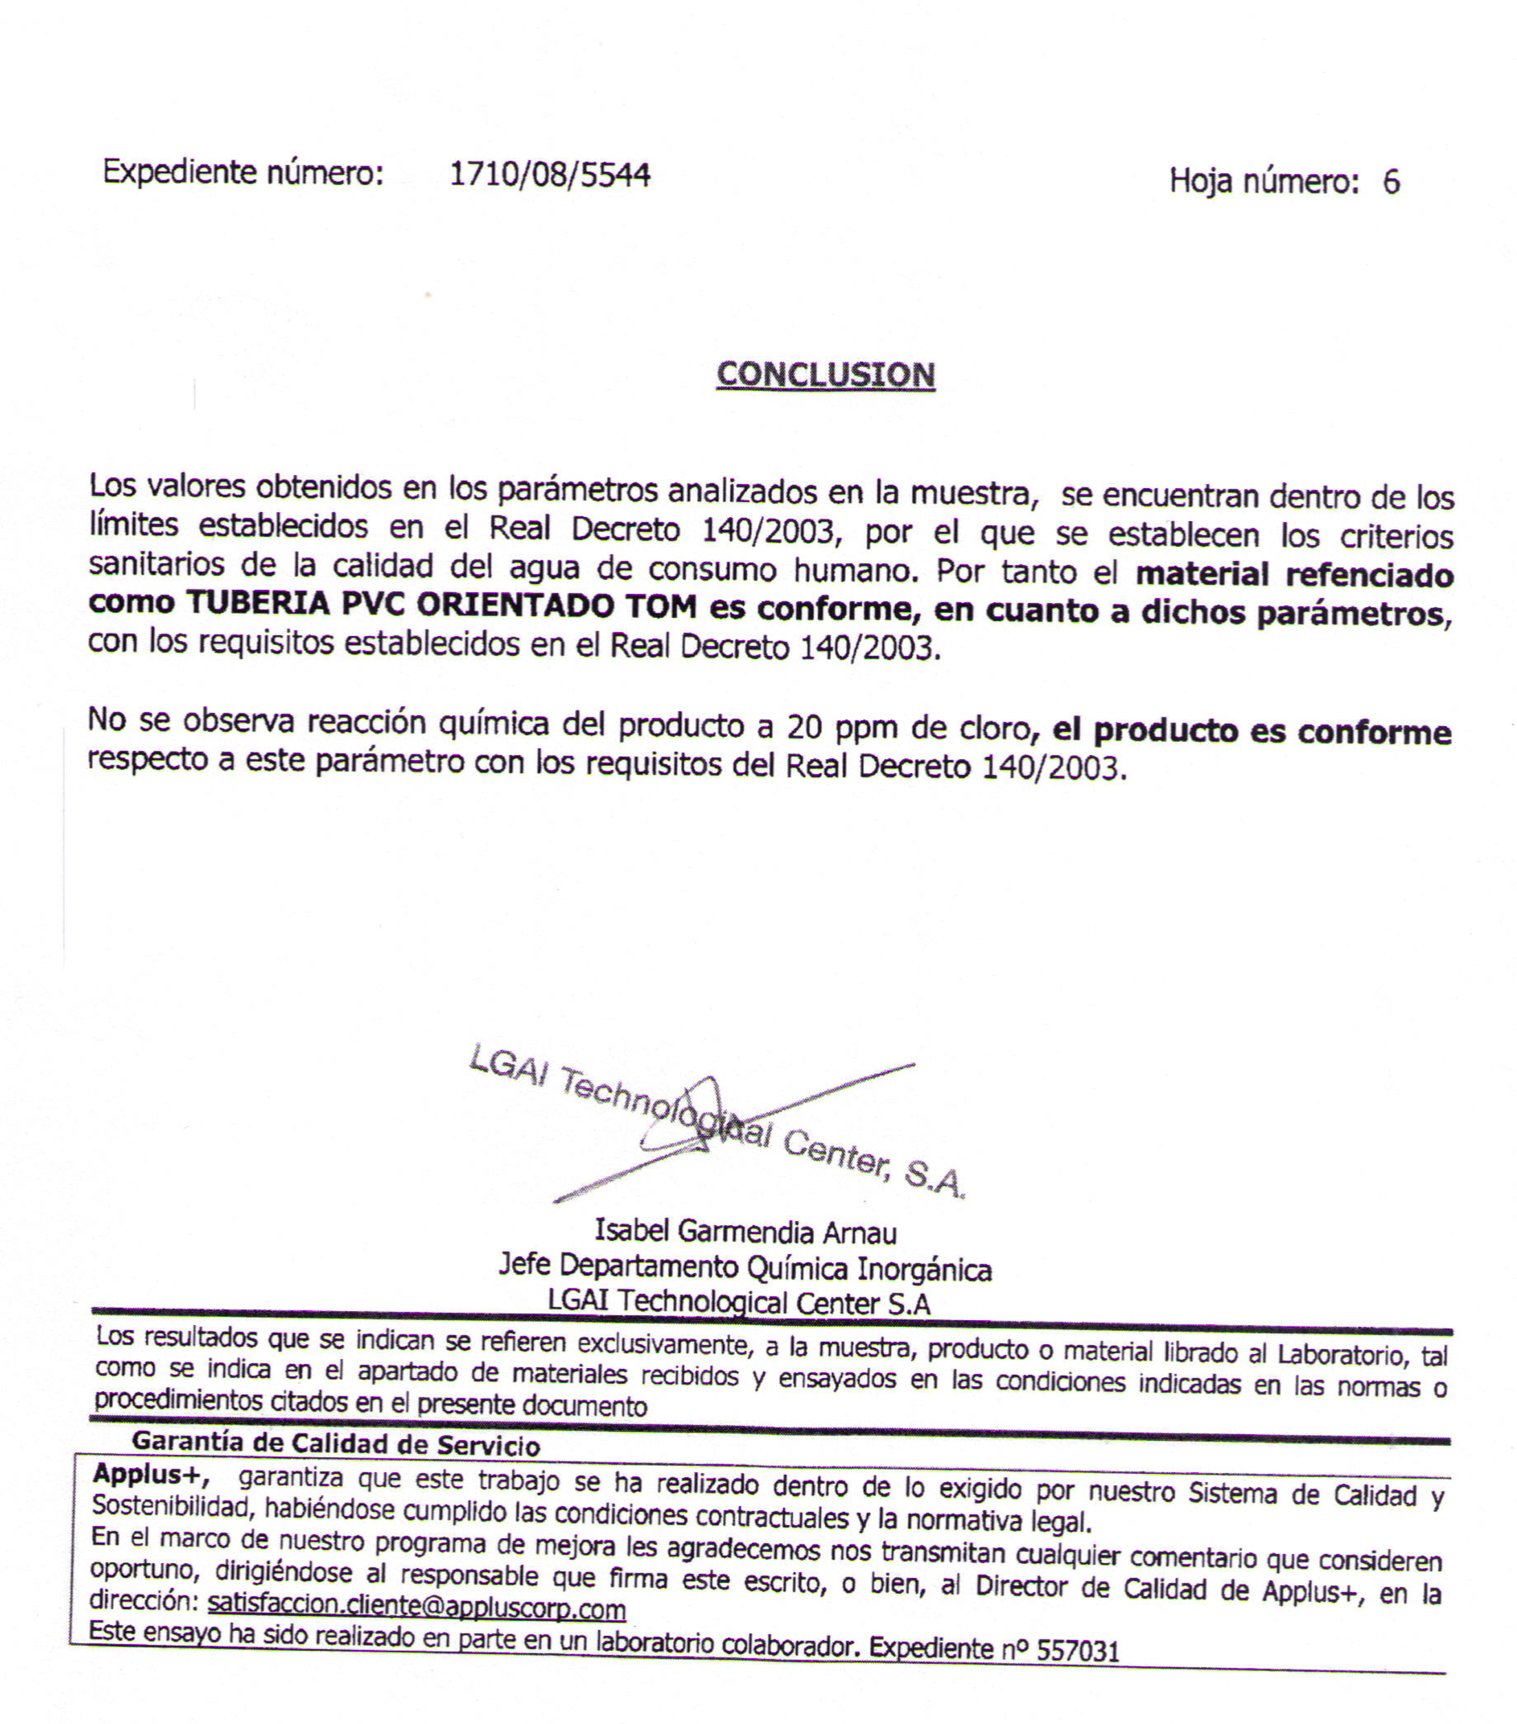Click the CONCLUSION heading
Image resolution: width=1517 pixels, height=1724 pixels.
(x=825, y=375)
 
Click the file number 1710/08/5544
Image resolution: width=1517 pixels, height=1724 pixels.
(x=549, y=175)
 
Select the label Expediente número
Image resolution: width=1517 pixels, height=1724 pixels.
(x=243, y=173)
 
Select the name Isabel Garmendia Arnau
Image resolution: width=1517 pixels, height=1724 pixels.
(x=746, y=1233)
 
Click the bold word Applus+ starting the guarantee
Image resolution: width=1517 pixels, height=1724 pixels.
(x=150, y=1473)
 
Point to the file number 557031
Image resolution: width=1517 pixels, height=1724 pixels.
(x=1077, y=1650)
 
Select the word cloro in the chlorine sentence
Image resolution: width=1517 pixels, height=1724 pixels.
(x=993, y=727)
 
